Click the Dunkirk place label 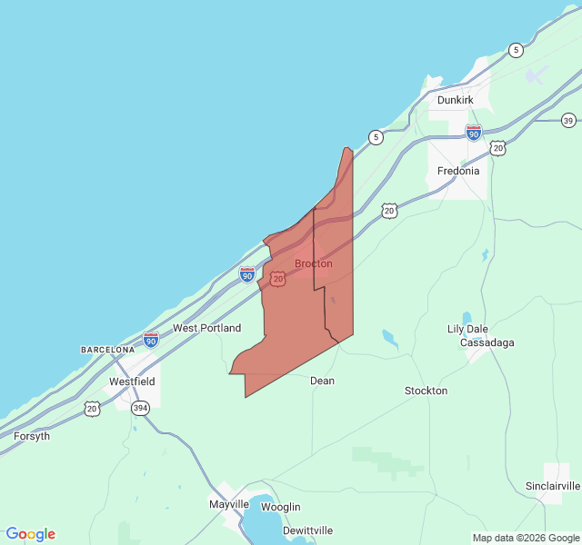457,100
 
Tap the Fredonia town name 458,171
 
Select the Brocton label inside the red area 314,263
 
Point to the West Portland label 207,328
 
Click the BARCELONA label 107,349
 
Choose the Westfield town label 132,381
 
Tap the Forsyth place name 32,436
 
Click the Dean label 322,381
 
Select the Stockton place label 426,391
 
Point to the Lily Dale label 467,329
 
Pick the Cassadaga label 487,342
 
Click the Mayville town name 229,504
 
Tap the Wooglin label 280,507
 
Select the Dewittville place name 307,530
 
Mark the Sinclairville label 553,487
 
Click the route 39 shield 568,121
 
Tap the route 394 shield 139,409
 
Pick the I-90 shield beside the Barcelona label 151,340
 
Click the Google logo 30,534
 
